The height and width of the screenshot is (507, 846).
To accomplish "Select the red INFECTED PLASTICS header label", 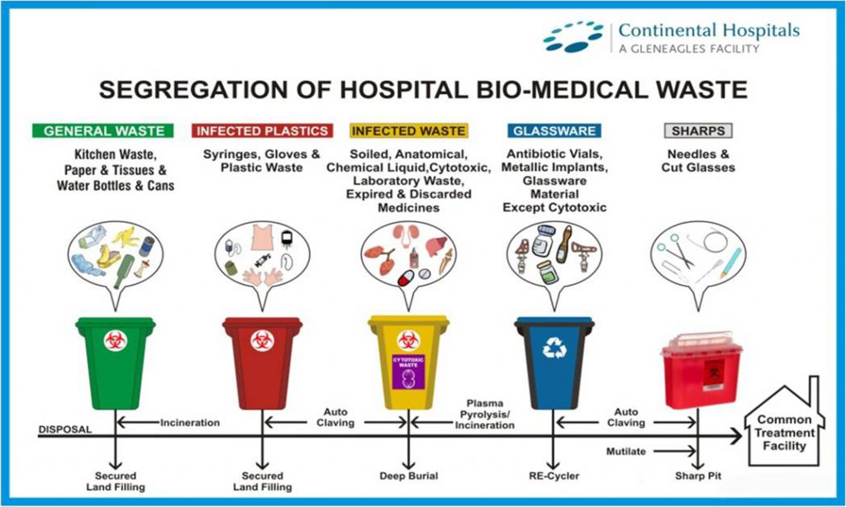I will point(263,130).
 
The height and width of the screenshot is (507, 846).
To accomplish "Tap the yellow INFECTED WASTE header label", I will point(408,130).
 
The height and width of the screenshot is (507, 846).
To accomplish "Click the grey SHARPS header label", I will point(698,130).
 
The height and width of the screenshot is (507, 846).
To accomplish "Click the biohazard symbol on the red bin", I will point(262,339).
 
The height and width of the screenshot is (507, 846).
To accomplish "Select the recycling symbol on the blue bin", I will point(553,348).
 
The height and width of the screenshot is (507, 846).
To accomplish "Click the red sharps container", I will point(700,372).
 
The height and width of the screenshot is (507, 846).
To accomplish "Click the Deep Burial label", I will point(408,476).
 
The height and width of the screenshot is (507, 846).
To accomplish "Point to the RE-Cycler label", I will point(554,476).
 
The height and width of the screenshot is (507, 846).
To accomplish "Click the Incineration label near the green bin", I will point(189,423).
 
